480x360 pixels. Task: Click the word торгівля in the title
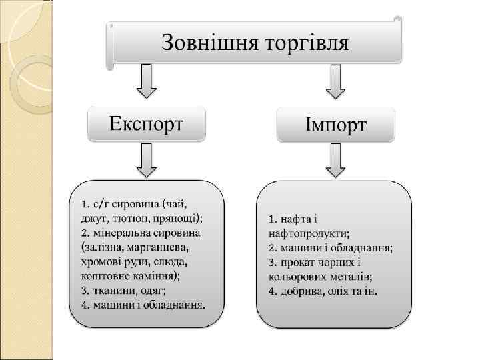tap(307, 43)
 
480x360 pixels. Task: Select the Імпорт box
tap(336, 125)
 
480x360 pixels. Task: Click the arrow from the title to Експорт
tap(146, 81)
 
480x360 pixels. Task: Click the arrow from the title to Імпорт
tap(335, 81)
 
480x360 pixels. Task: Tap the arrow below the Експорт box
tap(146, 161)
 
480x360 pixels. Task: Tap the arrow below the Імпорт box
tap(335, 161)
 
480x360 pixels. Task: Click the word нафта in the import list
tap(297, 219)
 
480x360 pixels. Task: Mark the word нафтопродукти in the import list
tap(307, 233)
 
